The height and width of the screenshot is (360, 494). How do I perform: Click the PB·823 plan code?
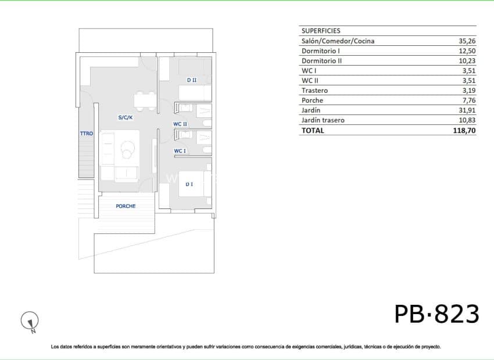click(437, 314)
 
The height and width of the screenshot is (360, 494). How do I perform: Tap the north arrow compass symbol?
click(30, 320)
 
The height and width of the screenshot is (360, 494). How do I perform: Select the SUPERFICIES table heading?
click(321, 31)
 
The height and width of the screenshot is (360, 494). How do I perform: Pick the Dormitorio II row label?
click(321, 61)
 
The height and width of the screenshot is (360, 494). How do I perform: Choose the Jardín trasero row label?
click(323, 120)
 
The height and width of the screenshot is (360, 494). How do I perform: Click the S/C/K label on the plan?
click(126, 117)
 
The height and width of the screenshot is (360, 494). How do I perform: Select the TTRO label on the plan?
click(87, 134)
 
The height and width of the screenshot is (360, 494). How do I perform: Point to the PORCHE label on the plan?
click(126, 206)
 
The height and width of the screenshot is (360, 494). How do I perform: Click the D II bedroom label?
click(191, 80)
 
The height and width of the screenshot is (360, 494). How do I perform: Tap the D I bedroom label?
click(189, 184)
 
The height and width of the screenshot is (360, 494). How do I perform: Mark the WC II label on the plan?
click(180, 124)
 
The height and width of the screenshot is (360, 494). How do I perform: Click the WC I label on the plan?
click(180, 151)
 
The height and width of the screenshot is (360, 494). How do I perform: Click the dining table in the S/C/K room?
click(145, 101)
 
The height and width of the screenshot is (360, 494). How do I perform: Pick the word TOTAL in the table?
click(313, 131)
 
